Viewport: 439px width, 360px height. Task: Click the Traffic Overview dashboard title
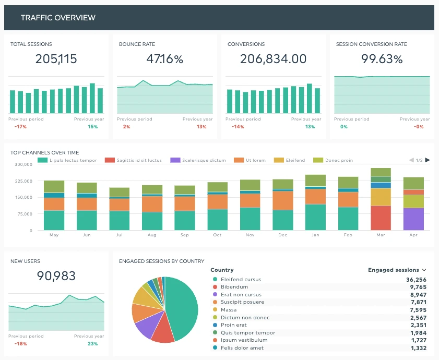pos(58,18)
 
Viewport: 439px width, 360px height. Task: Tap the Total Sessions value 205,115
pos(56,59)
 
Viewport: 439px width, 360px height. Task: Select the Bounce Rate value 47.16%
pos(164,59)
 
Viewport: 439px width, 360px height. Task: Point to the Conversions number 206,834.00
pos(273,59)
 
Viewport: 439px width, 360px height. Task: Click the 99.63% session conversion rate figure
pos(382,59)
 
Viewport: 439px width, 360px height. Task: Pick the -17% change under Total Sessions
pos(20,127)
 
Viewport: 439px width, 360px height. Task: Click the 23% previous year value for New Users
pos(93,344)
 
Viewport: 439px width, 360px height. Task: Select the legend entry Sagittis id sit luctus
pos(137,160)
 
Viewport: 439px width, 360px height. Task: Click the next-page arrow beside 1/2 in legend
pos(428,160)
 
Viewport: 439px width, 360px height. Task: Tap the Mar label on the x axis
pos(381,235)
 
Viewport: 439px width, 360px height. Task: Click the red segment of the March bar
pos(381,218)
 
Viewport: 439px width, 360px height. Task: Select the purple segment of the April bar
pos(413,219)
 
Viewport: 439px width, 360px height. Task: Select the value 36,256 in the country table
pos(415,280)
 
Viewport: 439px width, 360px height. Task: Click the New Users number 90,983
pos(56,276)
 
